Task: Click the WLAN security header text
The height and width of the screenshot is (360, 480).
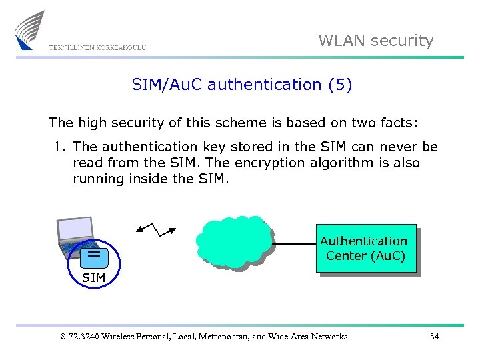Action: (x=376, y=41)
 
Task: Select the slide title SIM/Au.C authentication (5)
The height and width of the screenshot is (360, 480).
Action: (x=242, y=85)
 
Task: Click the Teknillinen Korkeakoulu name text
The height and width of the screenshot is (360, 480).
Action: (x=97, y=47)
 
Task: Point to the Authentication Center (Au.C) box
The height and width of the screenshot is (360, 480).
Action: (x=365, y=249)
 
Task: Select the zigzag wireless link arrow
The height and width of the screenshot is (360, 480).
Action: (x=156, y=229)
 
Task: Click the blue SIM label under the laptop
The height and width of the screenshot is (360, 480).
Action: (x=93, y=277)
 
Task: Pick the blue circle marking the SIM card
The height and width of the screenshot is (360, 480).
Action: (x=93, y=255)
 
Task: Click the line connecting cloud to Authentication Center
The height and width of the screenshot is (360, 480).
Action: (x=295, y=244)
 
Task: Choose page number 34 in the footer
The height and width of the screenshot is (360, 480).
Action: (x=435, y=337)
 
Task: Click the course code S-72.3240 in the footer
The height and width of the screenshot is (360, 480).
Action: (x=81, y=337)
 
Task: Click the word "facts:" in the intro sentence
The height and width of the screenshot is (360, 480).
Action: (x=399, y=123)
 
